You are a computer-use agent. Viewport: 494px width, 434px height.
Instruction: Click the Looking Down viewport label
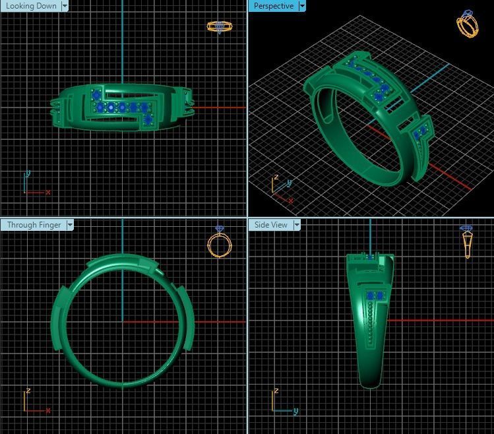point(30,6)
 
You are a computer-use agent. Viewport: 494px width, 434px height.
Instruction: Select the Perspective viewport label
point(273,6)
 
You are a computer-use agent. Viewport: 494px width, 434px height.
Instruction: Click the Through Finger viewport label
point(34,225)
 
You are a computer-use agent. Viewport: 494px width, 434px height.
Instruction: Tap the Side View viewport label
point(270,225)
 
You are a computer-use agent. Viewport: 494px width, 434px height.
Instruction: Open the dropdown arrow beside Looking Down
point(65,6)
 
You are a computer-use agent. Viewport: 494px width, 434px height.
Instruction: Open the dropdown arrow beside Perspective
point(302,6)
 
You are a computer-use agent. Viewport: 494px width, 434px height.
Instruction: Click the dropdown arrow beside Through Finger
point(70,225)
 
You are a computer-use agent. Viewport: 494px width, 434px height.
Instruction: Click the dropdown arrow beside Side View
point(297,225)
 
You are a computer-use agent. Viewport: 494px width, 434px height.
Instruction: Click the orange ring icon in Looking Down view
point(220,26)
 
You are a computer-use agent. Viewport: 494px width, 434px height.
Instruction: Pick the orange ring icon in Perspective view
point(468,24)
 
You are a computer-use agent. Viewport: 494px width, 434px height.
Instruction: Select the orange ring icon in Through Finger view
point(220,242)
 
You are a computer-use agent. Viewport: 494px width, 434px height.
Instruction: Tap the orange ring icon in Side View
point(467,241)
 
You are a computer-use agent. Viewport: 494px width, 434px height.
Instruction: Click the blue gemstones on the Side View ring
point(375,295)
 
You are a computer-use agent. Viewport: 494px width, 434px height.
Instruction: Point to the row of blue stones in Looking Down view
point(122,107)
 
